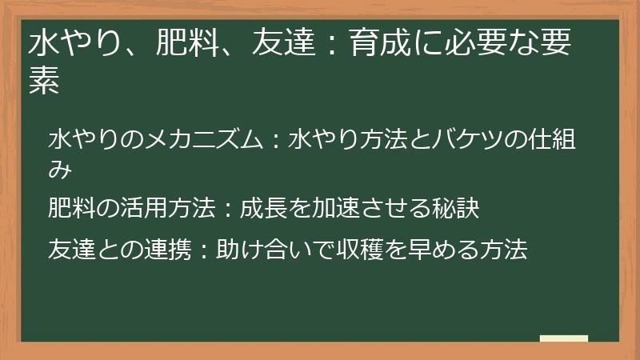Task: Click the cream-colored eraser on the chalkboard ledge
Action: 563,339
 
